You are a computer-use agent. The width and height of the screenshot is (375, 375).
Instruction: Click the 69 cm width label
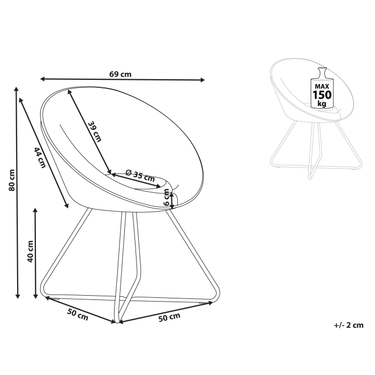tap(121, 74)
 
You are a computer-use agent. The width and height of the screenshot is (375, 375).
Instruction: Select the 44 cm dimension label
tap(39, 157)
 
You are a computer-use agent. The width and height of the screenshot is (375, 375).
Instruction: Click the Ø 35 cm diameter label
tap(140, 175)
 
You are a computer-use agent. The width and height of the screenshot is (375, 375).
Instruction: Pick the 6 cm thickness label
tap(167, 198)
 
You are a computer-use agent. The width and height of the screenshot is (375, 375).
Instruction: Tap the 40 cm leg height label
tap(31, 251)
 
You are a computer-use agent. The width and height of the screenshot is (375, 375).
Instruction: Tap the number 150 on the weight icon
tap(322, 95)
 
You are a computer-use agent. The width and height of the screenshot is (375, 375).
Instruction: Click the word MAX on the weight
tap(322, 86)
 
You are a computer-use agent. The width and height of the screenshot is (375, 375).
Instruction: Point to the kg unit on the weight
tap(322, 103)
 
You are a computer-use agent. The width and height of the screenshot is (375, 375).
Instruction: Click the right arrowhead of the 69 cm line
tap(203, 80)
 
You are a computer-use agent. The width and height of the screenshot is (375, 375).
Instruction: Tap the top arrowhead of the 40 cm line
tap(35, 210)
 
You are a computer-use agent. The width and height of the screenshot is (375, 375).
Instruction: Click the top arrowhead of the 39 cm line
tap(70, 91)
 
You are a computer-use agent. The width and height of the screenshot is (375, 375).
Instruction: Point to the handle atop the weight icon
tap(322, 72)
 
